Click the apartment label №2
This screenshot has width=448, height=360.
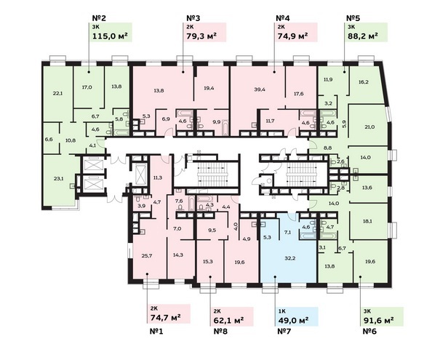click(99, 18)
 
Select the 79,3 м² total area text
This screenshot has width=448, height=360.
click(201, 36)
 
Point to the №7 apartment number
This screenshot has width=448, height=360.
click(284, 332)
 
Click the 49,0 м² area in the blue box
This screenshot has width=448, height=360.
click(293, 320)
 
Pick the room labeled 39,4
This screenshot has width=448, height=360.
click(260, 89)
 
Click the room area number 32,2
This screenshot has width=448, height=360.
click(289, 258)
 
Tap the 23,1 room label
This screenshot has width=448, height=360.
click(58, 179)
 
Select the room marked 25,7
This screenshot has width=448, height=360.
click(147, 256)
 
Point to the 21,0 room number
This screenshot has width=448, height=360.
click(369, 127)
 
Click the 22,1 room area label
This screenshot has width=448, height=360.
click(57, 93)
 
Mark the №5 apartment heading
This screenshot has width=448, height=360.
click(353, 18)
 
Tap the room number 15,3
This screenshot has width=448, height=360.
click(208, 261)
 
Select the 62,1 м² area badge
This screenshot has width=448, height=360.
click(233, 317)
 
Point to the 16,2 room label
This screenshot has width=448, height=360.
click(364, 81)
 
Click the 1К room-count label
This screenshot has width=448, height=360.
click(281, 311)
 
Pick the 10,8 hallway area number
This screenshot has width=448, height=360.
click(71, 140)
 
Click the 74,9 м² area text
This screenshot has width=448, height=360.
click(292, 36)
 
